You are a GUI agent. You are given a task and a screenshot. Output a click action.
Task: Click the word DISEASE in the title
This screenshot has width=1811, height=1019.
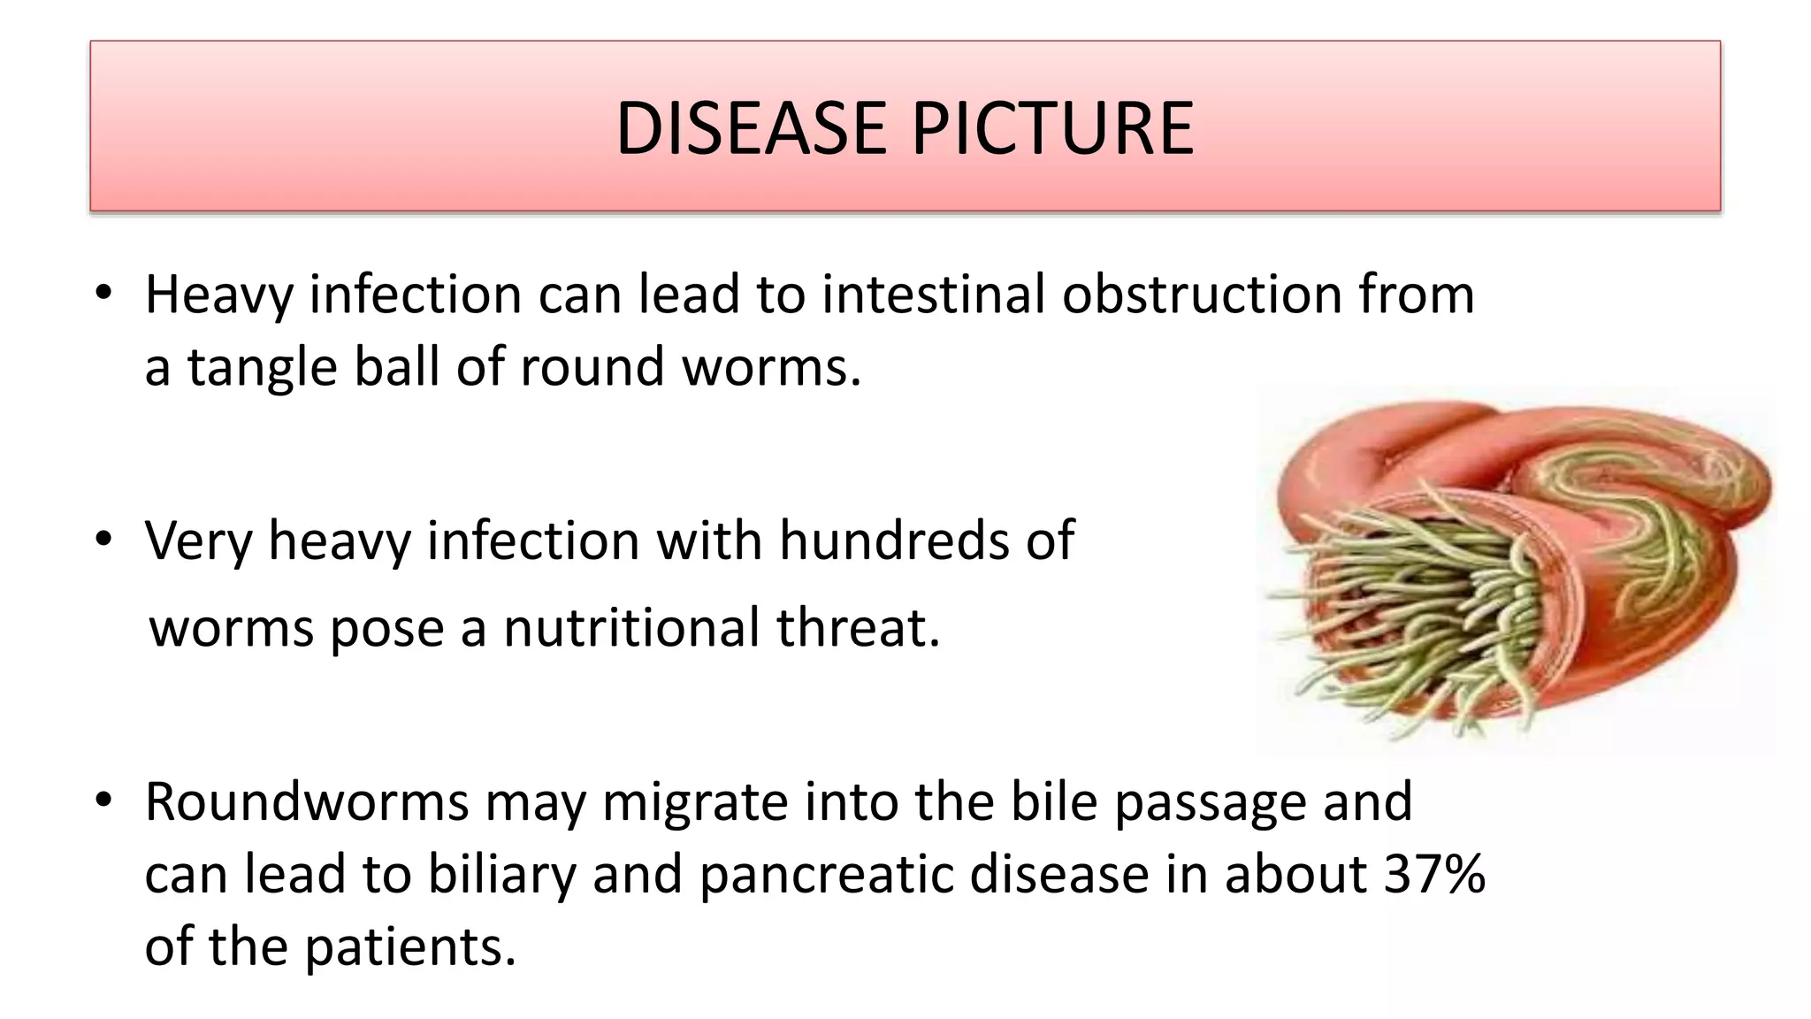click(x=750, y=129)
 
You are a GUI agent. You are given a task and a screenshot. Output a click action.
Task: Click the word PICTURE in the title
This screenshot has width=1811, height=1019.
click(x=1052, y=129)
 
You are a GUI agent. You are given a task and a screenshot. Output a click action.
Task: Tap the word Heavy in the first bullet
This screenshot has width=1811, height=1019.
click(x=218, y=295)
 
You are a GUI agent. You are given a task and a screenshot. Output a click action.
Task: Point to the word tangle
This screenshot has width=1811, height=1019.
click(x=262, y=368)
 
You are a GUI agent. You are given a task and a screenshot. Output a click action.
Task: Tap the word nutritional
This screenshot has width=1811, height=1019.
click(x=631, y=628)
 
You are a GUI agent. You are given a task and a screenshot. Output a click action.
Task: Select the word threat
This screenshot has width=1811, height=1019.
click(x=858, y=628)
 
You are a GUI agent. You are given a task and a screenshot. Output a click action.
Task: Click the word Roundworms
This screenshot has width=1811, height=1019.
click(x=307, y=802)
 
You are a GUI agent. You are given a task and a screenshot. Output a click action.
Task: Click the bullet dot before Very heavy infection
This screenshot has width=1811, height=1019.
click(x=104, y=539)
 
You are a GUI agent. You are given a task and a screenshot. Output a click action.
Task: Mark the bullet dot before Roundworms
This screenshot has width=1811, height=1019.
click(x=104, y=801)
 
